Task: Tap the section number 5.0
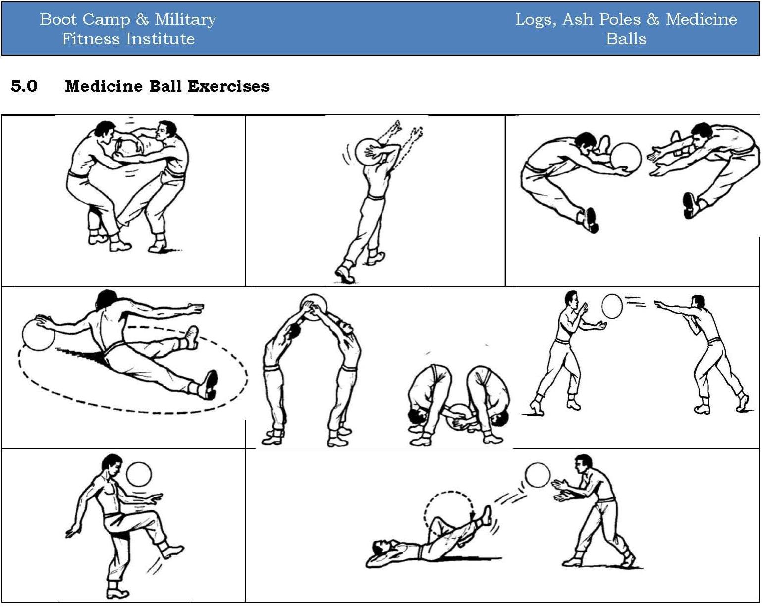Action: (24, 86)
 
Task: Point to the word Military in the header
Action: (185, 19)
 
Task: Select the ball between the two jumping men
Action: (625, 157)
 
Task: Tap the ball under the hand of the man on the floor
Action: (38, 334)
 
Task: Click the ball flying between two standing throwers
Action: (612, 306)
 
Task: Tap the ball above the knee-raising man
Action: (138, 475)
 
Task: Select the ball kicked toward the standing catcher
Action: (538, 475)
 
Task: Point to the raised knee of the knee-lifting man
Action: (158, 518)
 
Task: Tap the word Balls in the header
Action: (626, 39)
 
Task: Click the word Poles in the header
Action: (622, 19)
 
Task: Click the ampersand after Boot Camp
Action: (142, 19)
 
